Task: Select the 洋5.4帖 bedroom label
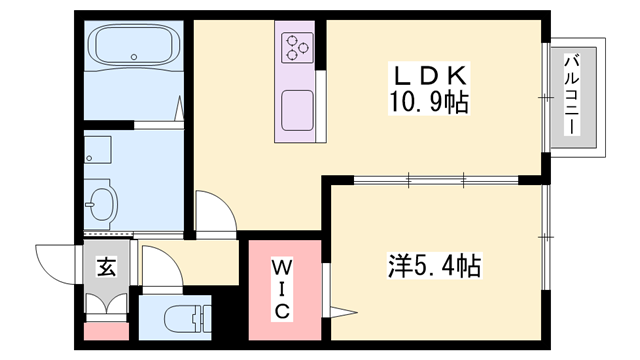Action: pyautogui.click(x=434, y=267)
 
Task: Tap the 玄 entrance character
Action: pyautogui.click(x=105, y=267)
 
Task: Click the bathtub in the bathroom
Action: pyautogui.click(x=133, y=46)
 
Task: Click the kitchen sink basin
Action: pyautogui.click(x=298, y=108)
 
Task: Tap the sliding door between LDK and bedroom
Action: pyautogui.click(x=436, y=181)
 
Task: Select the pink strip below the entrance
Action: pyautogui.click(x=106, y=331)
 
